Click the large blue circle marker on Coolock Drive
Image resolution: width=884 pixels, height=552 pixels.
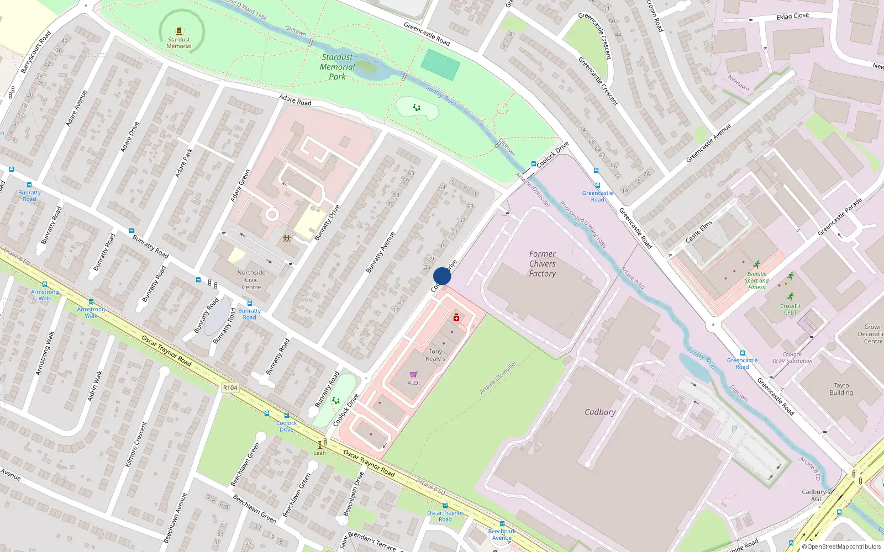[442, 276]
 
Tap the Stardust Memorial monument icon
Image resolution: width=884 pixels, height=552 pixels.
[178, 31]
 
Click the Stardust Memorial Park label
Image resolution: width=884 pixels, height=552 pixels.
[337, 67]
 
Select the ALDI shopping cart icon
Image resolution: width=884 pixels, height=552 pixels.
[414, 374]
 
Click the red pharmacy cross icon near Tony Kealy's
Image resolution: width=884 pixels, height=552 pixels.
[456, 317]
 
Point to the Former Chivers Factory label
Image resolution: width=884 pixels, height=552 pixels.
[542, 264]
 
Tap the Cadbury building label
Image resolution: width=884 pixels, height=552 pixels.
[600, 412]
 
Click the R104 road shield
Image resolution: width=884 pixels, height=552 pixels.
[230, 388]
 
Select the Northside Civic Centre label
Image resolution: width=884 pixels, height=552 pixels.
[251, 280]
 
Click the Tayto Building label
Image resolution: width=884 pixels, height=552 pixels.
[841, 389]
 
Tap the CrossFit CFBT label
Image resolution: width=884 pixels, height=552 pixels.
[790, 309]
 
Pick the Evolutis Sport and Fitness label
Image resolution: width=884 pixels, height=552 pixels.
[756, 280]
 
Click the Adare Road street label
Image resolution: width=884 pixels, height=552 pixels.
[295, 100]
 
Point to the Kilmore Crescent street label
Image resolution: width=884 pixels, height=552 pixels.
[136, 444]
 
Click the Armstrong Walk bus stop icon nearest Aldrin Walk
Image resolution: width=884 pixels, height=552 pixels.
[91, 302]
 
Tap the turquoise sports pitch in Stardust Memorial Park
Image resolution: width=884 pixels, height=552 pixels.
[440, 65]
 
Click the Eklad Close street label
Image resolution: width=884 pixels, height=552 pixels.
[792, 17]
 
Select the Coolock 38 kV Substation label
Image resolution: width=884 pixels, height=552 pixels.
[792, 358]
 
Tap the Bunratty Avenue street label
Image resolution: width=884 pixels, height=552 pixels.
[381, 252]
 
